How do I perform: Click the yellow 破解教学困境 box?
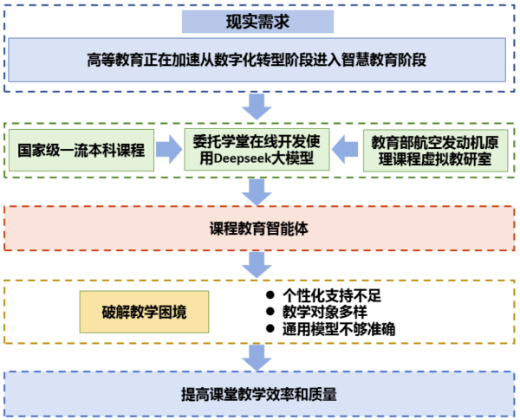[x=145, y=312]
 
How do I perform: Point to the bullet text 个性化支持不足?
[x=333, y=295]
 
